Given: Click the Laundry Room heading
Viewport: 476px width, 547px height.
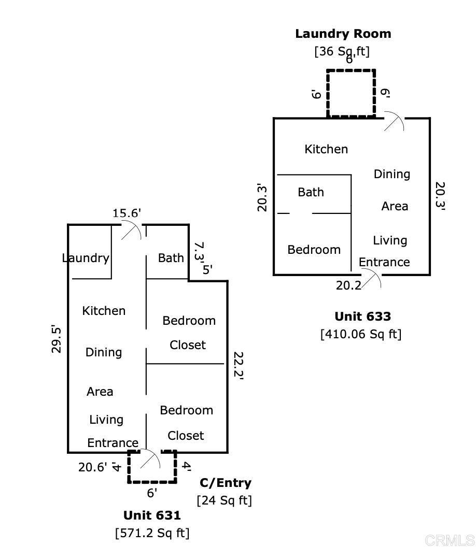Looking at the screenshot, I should tap(343, 34).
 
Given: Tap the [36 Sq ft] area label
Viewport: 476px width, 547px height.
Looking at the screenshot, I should tap(342, 51).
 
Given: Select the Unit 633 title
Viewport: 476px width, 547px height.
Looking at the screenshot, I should tap(362, 316).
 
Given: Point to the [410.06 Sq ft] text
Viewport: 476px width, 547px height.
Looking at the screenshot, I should tap(361, 334).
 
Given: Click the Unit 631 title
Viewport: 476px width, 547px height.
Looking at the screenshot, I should tap(152, 515).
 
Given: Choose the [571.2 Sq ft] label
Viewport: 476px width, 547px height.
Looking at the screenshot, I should tap(152, 532).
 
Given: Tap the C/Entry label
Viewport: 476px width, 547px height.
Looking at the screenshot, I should tap(226, 483).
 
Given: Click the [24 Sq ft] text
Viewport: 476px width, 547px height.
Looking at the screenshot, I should tap(224, 500).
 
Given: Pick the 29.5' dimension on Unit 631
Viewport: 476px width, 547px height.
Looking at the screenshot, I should tap(57, 339).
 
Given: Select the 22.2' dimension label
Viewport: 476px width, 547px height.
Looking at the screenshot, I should tap(238, 366).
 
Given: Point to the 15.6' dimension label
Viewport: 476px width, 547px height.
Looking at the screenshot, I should tap(127, 213).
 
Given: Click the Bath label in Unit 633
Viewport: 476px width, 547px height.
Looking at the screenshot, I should tap(311, 192).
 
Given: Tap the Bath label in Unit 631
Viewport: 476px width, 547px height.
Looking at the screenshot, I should tap(171, 257).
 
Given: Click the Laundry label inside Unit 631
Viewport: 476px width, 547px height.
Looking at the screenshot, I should tap(86, 258).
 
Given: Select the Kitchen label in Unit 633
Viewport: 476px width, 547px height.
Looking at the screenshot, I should tap(326, 149).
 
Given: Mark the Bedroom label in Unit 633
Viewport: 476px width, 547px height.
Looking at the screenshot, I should tap(314, 250).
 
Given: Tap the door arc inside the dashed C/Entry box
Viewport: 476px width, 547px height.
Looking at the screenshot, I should tap(151, 458).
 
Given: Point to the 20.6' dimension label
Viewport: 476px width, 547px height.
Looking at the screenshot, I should tap(93, 467).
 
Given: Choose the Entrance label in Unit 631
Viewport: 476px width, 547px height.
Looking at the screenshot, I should tap(113, 443).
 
